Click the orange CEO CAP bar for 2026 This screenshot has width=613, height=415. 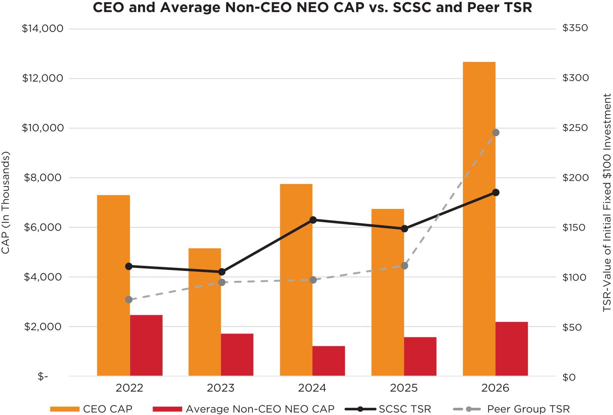tap(479, 219)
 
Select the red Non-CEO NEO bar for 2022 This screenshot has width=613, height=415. tap(146, 345)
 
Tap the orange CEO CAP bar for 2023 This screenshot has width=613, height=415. tap(205, 312)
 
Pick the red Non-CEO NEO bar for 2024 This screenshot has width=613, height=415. tap(329, 361)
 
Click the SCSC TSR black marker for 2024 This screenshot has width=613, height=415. tap(313, 220)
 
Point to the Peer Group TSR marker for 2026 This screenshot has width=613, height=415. tap(496, 133)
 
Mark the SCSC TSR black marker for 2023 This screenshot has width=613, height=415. tap(222, 272)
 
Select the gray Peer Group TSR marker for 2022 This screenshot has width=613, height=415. tap(129, 300)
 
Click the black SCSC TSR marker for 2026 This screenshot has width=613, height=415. tap(496, 192)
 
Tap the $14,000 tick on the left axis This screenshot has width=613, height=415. tap(42, 28)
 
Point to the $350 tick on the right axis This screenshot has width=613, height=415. tap(575, 28)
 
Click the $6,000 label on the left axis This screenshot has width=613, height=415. tap(44, 227)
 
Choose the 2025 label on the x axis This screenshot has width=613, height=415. tap(404, 388)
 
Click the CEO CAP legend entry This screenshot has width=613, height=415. tap(91, 409)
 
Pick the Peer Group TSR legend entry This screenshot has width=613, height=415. tap(512, 409)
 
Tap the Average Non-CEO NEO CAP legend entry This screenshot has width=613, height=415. tap(244, 409)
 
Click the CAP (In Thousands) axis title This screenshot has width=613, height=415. tap(5, 203)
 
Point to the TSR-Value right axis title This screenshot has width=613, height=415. tap(607, 203)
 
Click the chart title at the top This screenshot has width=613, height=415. tap(312, 7)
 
